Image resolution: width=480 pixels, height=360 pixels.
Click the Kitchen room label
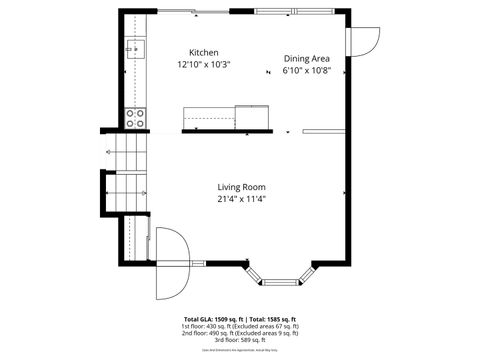204,53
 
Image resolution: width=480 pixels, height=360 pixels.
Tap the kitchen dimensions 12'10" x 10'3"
204,64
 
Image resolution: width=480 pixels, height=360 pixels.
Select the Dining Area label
306,59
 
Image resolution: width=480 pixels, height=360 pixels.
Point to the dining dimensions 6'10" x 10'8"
306,71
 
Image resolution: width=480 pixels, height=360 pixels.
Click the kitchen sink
135,48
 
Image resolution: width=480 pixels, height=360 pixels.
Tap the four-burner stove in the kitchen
135,118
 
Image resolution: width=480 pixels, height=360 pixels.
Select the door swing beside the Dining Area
364,40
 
